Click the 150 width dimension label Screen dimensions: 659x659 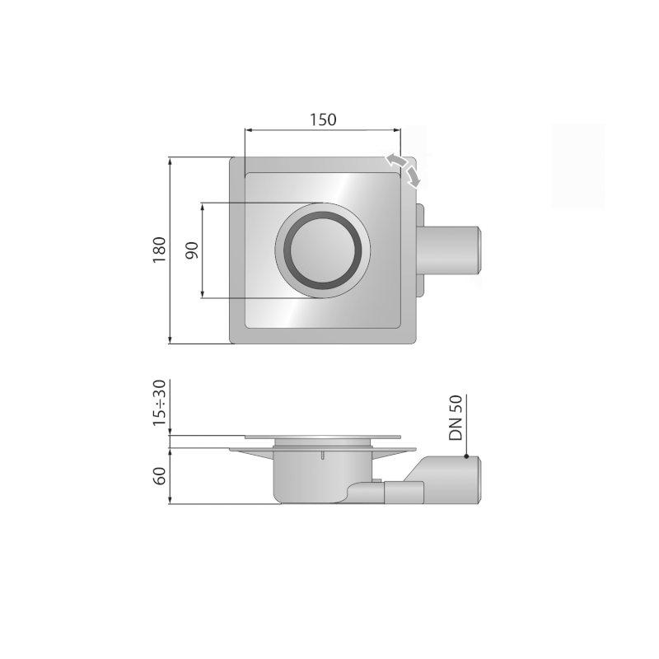tap(323, 119)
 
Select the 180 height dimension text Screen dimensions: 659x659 tap(160, 250)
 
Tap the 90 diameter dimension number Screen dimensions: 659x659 tap(191, 251)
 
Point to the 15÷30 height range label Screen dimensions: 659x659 tap(160, 403)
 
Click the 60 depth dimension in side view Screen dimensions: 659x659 tap(160, 475)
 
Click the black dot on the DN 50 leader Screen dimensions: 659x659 tap(467, 456)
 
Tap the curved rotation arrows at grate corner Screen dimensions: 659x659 tap(404, 167)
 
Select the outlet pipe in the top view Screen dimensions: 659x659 tap(453, 250)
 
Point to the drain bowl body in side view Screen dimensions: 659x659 tap(313, 482)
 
